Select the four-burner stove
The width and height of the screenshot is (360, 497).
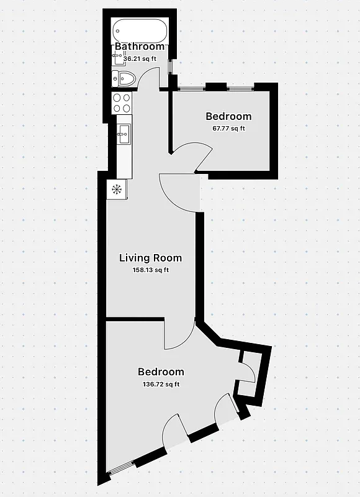(x=122, y=103)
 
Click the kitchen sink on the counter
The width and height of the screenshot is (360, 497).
(x=123, y=131)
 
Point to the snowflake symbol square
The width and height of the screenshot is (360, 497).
(x=116, y=189)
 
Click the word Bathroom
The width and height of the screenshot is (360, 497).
(x=140, y=47)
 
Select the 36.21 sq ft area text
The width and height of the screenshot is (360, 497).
(x=141, y=59)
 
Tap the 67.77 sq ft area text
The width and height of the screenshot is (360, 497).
(x=228, y=129)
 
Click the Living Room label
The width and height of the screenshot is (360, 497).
(x=150, y=258)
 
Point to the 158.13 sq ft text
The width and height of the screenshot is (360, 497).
(x=150, y=270)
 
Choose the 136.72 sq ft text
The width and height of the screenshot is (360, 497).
(x=161, y=385)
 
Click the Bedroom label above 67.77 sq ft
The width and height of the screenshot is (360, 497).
(x=228, y=117)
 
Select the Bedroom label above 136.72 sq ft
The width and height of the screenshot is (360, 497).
(x=161, y=372)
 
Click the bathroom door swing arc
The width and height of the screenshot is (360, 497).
(x=148, y=78)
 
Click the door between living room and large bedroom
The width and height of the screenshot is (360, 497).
(x=179, y=335)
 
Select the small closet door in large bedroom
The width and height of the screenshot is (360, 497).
(x=247, y=372)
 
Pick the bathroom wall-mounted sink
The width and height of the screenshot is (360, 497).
(x=118, y=57)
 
